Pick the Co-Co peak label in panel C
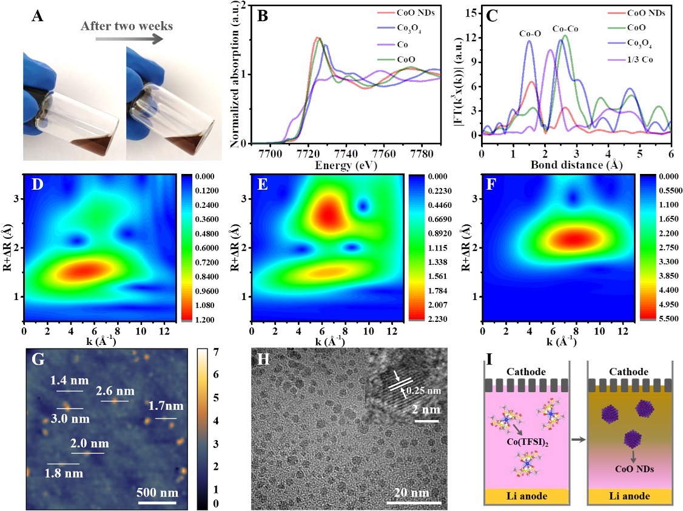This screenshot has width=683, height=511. [x=567, y=28]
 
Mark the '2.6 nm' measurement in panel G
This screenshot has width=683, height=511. [x=112, y=391]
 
